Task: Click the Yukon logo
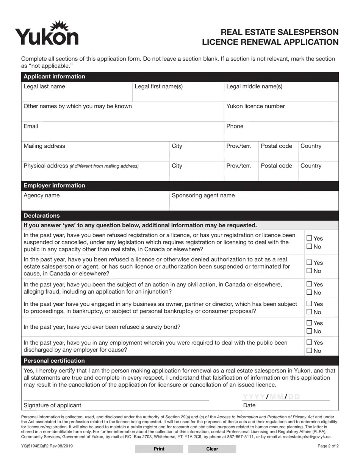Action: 47,33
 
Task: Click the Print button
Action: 159,449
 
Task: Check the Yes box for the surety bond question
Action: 309,323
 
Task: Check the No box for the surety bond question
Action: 309,332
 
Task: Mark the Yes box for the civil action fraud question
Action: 309,284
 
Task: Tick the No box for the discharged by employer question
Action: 309,351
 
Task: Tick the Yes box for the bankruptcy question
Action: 309,304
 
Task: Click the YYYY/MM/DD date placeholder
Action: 271,397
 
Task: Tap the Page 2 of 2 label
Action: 328,446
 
